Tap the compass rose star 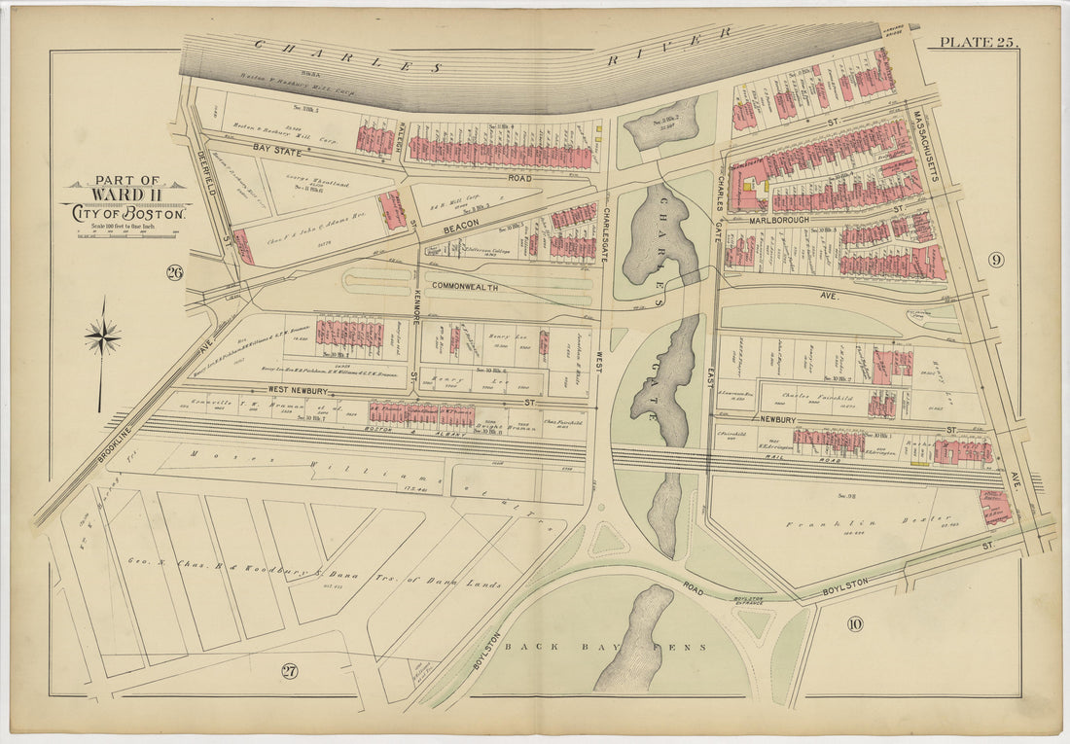pos(102,337)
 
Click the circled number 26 pos(175,272)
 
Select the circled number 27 pos(289,669)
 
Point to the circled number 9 pos(995,260)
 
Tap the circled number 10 pos(854,623)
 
